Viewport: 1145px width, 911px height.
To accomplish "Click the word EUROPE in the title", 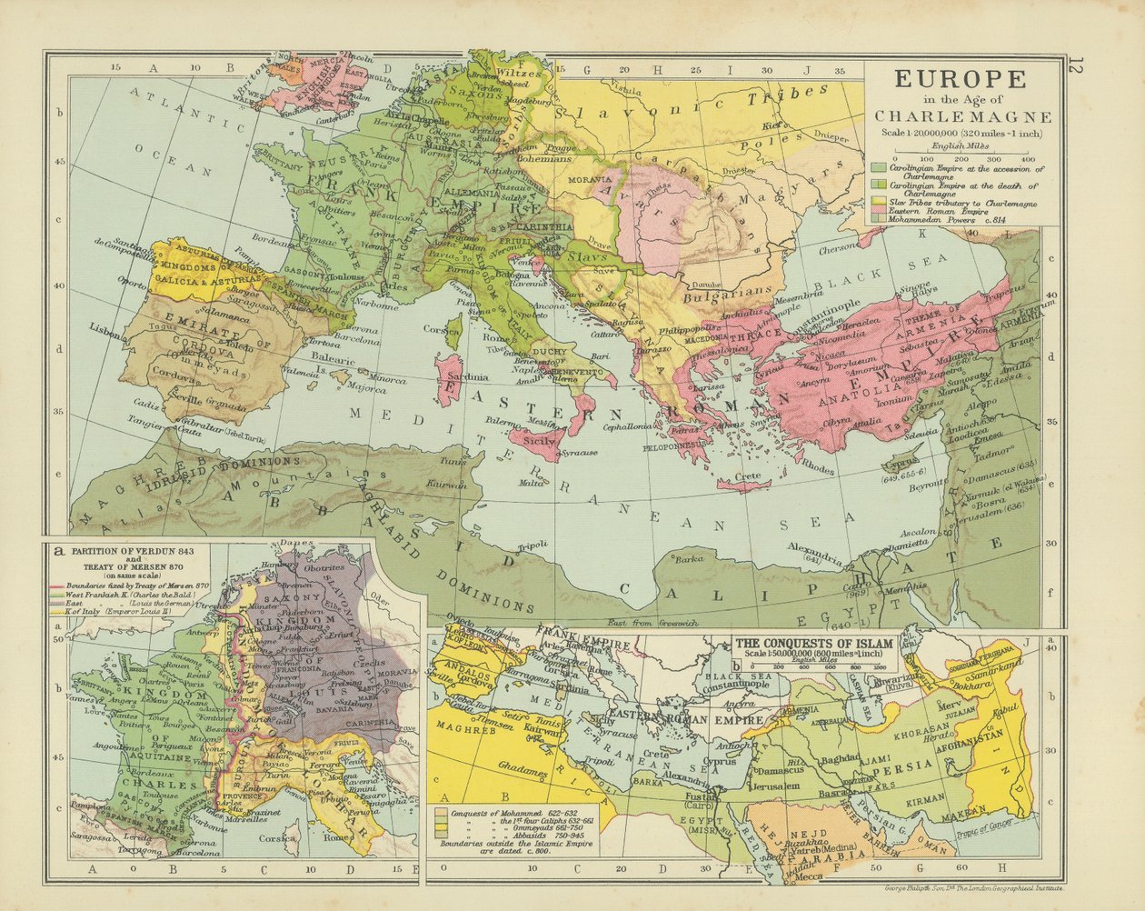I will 961,79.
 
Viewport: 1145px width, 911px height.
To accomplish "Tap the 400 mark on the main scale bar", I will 1028,157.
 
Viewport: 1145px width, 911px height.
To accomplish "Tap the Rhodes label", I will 818,470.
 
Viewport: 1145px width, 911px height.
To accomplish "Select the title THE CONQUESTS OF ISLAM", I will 815,642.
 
